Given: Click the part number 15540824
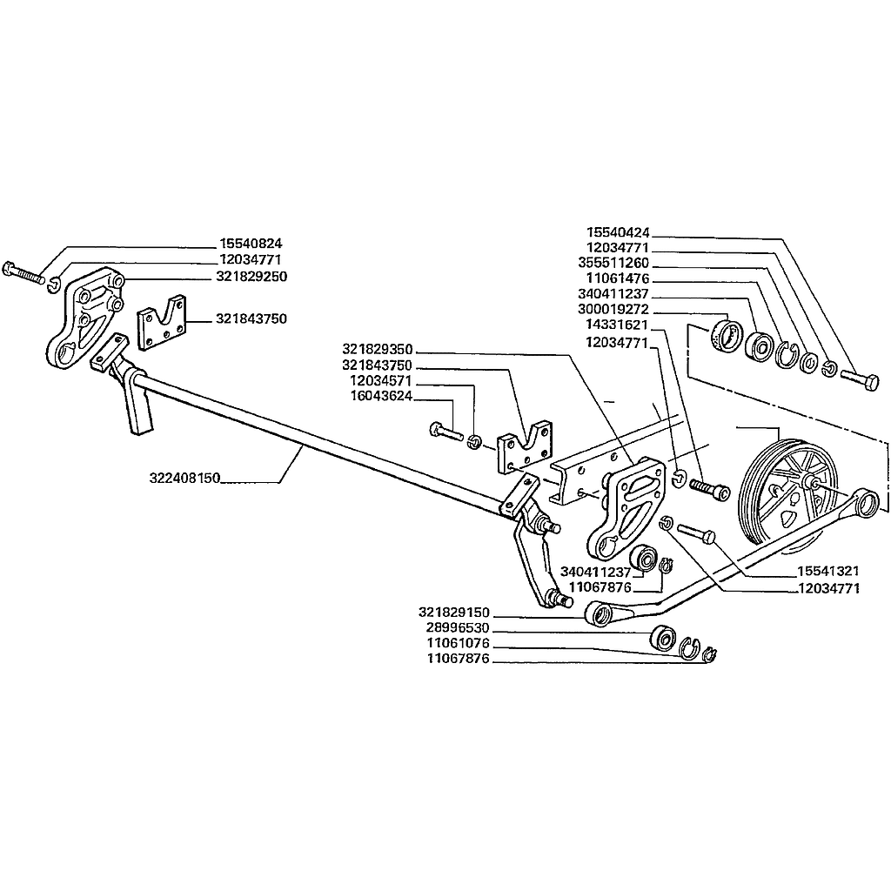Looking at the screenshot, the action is [251, 244].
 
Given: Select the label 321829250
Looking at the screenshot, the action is [251, 277].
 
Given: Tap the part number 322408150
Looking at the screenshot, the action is [184, 478].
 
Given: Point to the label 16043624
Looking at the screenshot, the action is [381, 396].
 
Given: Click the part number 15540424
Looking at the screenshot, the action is [618, 233].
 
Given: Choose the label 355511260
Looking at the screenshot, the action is [613, 264].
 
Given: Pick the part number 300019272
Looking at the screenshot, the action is [613, 311].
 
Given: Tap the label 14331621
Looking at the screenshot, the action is [617, 325].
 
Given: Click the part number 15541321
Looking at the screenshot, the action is [828, 571].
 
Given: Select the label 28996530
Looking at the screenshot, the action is [458, 628].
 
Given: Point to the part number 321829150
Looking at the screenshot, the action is [453, 613].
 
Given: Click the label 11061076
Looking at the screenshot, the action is [458, 644].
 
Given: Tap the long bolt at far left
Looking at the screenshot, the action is [23, 272].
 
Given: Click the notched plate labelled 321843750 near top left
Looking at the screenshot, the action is [162, 322].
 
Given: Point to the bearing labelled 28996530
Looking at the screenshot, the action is [663, 637].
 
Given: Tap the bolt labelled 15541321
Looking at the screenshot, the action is [696, 533].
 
